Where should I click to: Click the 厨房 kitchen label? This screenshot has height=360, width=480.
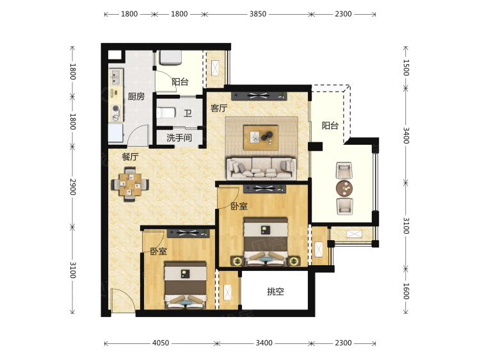tap(136, 97)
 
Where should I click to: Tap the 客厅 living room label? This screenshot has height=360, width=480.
tap(219, 108)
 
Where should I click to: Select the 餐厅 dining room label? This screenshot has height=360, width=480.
tap(131, 156)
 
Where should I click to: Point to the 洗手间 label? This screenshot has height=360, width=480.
tap(179, 138)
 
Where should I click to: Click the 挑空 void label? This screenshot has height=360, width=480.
tap(275, 291)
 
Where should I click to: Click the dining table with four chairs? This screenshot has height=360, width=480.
tap(130, 184)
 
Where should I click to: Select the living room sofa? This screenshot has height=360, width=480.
tap(261, 168)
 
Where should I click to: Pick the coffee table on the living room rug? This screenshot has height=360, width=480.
tap(261, 138)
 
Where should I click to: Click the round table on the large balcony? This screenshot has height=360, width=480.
tap(344, 188)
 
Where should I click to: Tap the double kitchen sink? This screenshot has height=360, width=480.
tap(116, 78)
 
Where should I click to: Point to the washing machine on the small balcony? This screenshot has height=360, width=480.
tap(171, 58)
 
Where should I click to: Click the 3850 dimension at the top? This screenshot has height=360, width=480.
tap(258, 14)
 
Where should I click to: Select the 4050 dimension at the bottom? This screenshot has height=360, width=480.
tap(161, 343)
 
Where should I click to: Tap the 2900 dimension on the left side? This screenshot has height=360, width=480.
tap(72, 187)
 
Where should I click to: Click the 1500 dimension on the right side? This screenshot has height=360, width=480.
tap(406, 67)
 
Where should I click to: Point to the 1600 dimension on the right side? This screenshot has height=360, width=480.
tap(406, 291)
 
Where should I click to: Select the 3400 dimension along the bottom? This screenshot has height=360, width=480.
tap(264, 343)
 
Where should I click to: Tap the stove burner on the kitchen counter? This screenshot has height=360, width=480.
tap(116, 108)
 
